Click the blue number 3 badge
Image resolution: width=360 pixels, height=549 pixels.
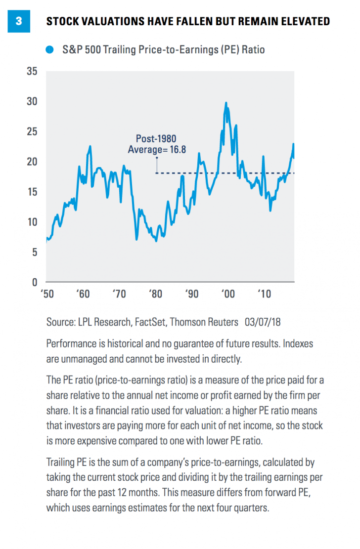click(19, 21)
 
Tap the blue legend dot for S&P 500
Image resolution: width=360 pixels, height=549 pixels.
click(49, 50)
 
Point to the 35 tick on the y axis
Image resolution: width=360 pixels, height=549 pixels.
click(32, 71)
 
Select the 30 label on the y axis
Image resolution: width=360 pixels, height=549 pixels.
click(32, 101)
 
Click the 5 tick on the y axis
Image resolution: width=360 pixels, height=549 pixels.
click(35, 252)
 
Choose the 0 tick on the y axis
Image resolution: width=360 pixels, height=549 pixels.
click(35, 282)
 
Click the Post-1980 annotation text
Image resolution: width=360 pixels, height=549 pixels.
click(156, 139)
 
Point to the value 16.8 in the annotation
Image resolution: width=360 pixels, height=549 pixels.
click(177, 149)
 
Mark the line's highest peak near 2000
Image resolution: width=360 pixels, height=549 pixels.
click(226, 103)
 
